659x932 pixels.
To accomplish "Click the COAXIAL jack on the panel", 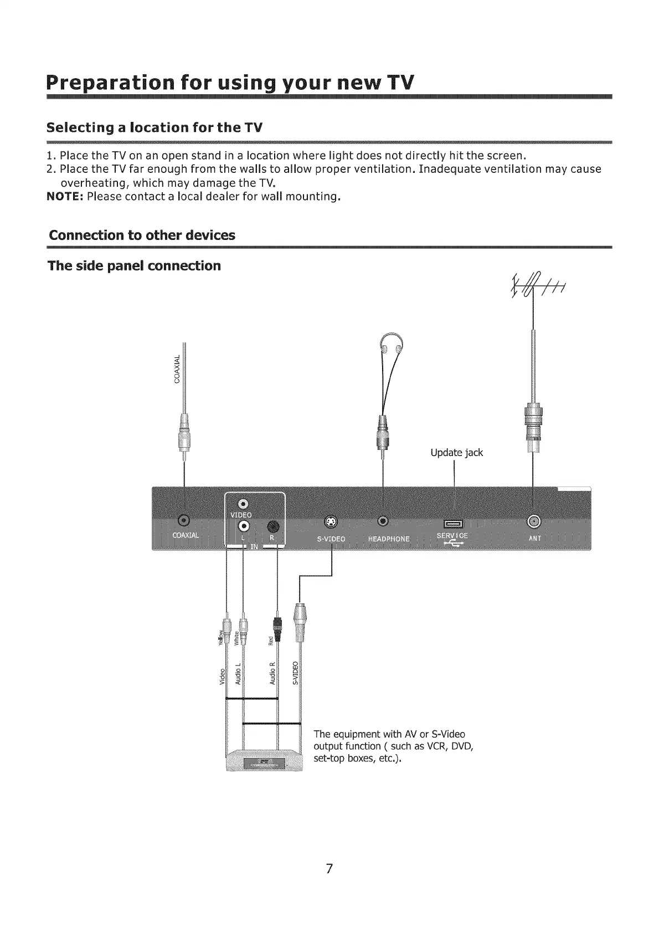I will (x=184, y=520).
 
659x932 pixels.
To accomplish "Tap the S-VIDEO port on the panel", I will (x=331, y=521).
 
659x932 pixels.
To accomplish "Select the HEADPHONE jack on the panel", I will (x=383, y=521).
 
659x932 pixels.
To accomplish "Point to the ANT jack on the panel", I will (x=533, y=520).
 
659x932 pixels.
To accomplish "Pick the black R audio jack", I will (x=274, y=526).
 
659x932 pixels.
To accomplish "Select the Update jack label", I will (x=456, y=453).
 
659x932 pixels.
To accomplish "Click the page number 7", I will (x=329, y=868).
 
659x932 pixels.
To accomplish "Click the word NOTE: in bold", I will (x=65, y=197).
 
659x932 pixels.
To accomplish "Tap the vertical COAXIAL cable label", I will (x=177, y=368).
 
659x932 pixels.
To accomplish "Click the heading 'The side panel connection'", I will (x=134, y=266).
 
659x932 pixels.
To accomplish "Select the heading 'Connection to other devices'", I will (x=142, y=235).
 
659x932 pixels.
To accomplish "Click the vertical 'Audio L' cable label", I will (x=238, y=674).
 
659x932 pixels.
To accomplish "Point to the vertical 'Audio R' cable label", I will (x=272, y=674).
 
